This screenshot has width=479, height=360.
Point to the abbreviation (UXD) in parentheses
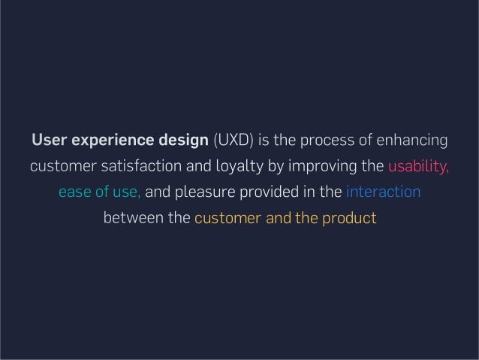click(233, 141)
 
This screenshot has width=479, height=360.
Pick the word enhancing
click(410, 141)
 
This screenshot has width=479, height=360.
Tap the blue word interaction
click(383, 192)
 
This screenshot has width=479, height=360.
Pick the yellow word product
click(352, 218)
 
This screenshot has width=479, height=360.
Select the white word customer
click(59, 167)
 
